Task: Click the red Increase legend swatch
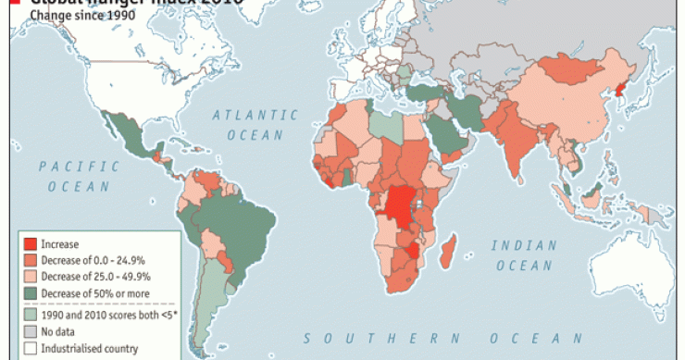coord(31,244)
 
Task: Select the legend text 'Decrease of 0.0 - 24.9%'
coord(93,261)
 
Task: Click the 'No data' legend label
coord(63,331)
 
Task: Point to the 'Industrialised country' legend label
coord(91,348)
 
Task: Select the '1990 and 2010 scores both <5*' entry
coord(103,315)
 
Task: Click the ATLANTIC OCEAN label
coord(255,125)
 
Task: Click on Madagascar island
coord(448,253)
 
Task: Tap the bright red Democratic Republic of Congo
coord(400,205)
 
